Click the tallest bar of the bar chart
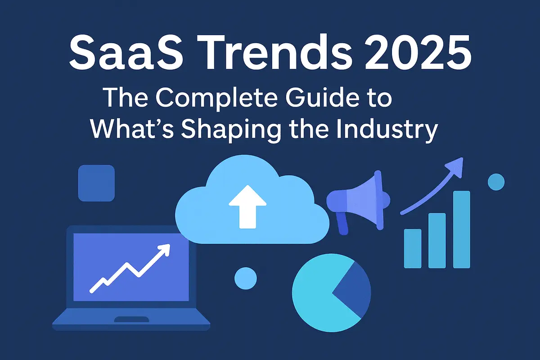[x=461, y=229]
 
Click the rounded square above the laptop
[x=96, y=183]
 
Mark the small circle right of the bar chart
[x=496, y=182]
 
